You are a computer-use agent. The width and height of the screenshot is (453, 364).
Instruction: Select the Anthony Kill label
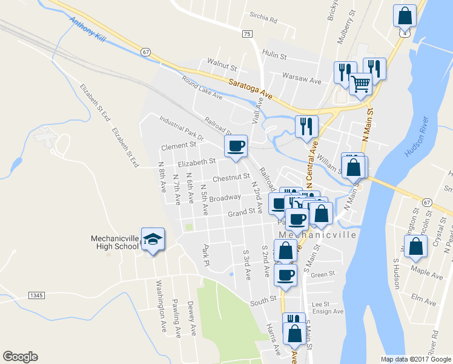click(87, 29)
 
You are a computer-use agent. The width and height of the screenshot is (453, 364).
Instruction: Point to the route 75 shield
click(246, 35)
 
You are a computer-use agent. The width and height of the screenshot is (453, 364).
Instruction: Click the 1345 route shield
click(36, 295)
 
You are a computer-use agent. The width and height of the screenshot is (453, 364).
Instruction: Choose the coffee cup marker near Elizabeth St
click(236, 146)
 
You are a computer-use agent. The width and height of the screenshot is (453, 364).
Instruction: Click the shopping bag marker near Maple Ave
click(415, 246)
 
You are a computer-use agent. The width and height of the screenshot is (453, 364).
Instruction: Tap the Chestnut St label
click(231, 177)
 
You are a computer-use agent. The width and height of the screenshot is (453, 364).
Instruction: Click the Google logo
click(20, 357)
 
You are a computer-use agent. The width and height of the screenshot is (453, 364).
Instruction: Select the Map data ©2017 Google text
click(415, 359)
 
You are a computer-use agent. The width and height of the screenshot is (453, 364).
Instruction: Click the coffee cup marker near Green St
click(285, 274)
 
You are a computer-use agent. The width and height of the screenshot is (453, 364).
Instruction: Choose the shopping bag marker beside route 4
click(404, 16)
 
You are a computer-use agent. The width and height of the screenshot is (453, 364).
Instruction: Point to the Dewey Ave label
click(192, 318)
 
